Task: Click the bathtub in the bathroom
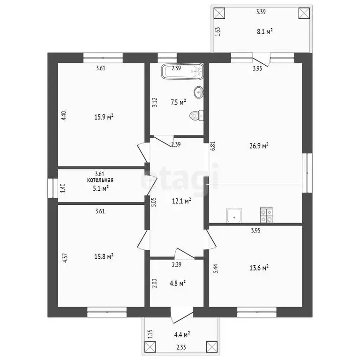point(182,71)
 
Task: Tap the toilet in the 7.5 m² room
point(196,115)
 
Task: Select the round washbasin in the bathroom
point(199,92)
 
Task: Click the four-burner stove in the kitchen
point(266,215)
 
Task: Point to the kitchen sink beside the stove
point(234,215)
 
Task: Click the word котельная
point(100,180)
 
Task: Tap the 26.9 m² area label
point(259,146)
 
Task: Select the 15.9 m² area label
point(104,117)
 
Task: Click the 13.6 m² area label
point(259,268)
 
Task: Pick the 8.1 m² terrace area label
point(265,31)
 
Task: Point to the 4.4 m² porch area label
point(182,335)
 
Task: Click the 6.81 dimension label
point(214,146)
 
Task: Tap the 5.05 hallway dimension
point(154,202)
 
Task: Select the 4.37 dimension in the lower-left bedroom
point(65,258)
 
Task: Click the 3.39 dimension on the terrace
point(261,12)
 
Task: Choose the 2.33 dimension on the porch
point(181,347)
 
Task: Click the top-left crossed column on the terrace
point(219,13)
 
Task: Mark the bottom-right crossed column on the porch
point(212,347)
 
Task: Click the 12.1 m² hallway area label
point(182,202)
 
